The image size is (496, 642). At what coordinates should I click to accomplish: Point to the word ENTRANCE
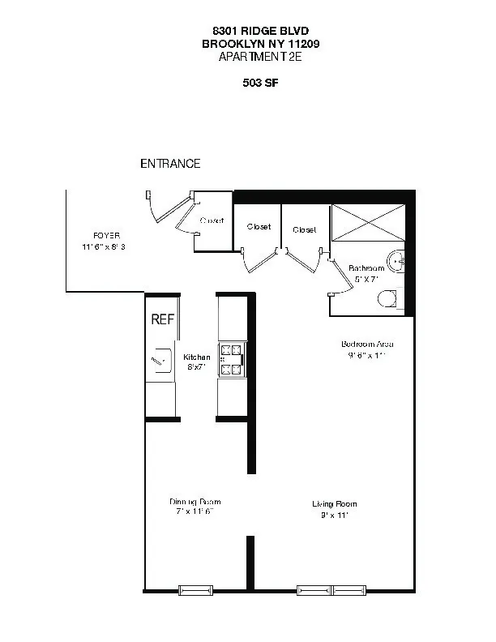[x=170, y=164]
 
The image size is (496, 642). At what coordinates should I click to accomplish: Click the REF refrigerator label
[x=163, y=319]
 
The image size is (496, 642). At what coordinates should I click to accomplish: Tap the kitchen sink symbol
[x=160, y=358]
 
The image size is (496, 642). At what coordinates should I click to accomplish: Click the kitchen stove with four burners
[x=232, y=360]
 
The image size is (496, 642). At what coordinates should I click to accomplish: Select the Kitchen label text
[x=197, y=357]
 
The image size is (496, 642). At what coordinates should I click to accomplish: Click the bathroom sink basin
[x=396, y=261]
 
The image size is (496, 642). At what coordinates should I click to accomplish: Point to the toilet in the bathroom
[x=390, y=299]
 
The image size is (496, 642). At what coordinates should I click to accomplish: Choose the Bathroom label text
[x=366, y=268]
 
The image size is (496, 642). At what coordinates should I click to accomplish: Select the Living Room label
[x=335, y=503]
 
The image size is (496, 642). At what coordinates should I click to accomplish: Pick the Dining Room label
[x=195, y=502]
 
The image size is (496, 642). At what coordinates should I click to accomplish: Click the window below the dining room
[x=196, y=589]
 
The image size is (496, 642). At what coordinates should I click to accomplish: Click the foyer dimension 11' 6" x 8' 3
[x=104, y=247]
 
